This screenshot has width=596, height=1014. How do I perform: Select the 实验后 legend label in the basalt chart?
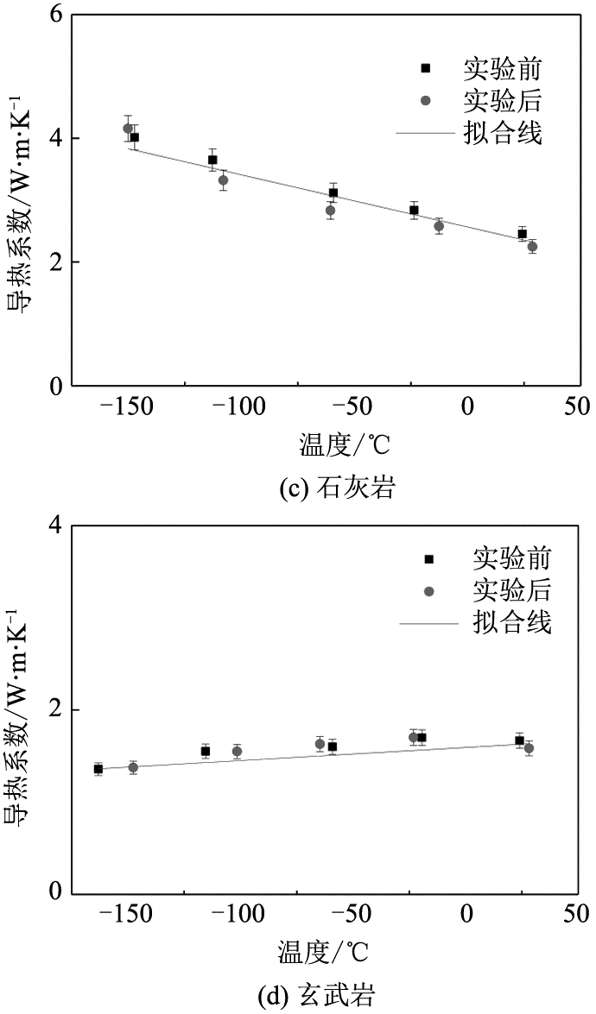[x=511, y=591]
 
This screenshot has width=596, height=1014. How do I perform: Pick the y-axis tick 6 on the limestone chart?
[x=55, y=16]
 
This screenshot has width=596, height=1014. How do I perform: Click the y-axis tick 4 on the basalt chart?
[x=55, y=525]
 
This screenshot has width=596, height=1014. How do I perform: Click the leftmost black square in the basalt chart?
[x=98, y=769]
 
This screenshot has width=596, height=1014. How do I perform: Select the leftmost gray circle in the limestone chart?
[x=128, y=129]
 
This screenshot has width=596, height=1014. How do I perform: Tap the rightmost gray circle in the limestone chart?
[x=532, y=247]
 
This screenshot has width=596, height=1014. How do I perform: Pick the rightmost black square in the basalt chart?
[x=520, y=740]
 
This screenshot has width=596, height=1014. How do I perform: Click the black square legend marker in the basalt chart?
[x=429, y=559]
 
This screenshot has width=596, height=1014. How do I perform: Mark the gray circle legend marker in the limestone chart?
[x=425, y=101]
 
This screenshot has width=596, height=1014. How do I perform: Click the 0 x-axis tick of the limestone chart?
[x=467, y=406]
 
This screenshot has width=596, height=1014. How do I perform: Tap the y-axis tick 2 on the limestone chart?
[x=55, y=262]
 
